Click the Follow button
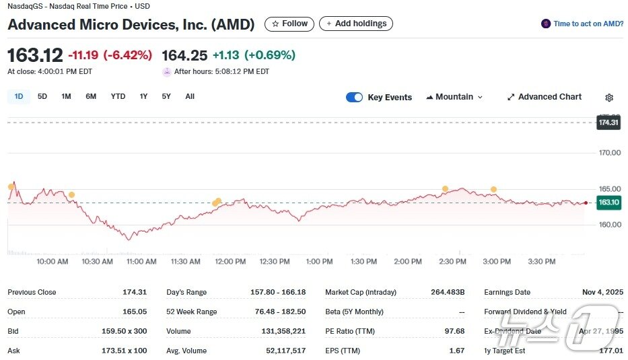(289, 24)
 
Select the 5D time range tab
(42, 96)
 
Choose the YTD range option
(118, 96)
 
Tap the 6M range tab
(91, 96)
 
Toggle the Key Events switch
(354, 98)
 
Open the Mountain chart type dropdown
(454, 97)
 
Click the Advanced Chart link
(544, 97)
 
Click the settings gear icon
(609, 98)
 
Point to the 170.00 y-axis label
(609, 153)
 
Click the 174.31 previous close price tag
(608, 122)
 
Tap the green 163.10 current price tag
(608, 203)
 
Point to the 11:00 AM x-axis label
(141, 261)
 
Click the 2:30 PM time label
(452, 261)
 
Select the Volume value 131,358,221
(283, 331)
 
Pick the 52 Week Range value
(281, 312)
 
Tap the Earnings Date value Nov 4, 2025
(602, 292)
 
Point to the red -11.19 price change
(82, 55)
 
